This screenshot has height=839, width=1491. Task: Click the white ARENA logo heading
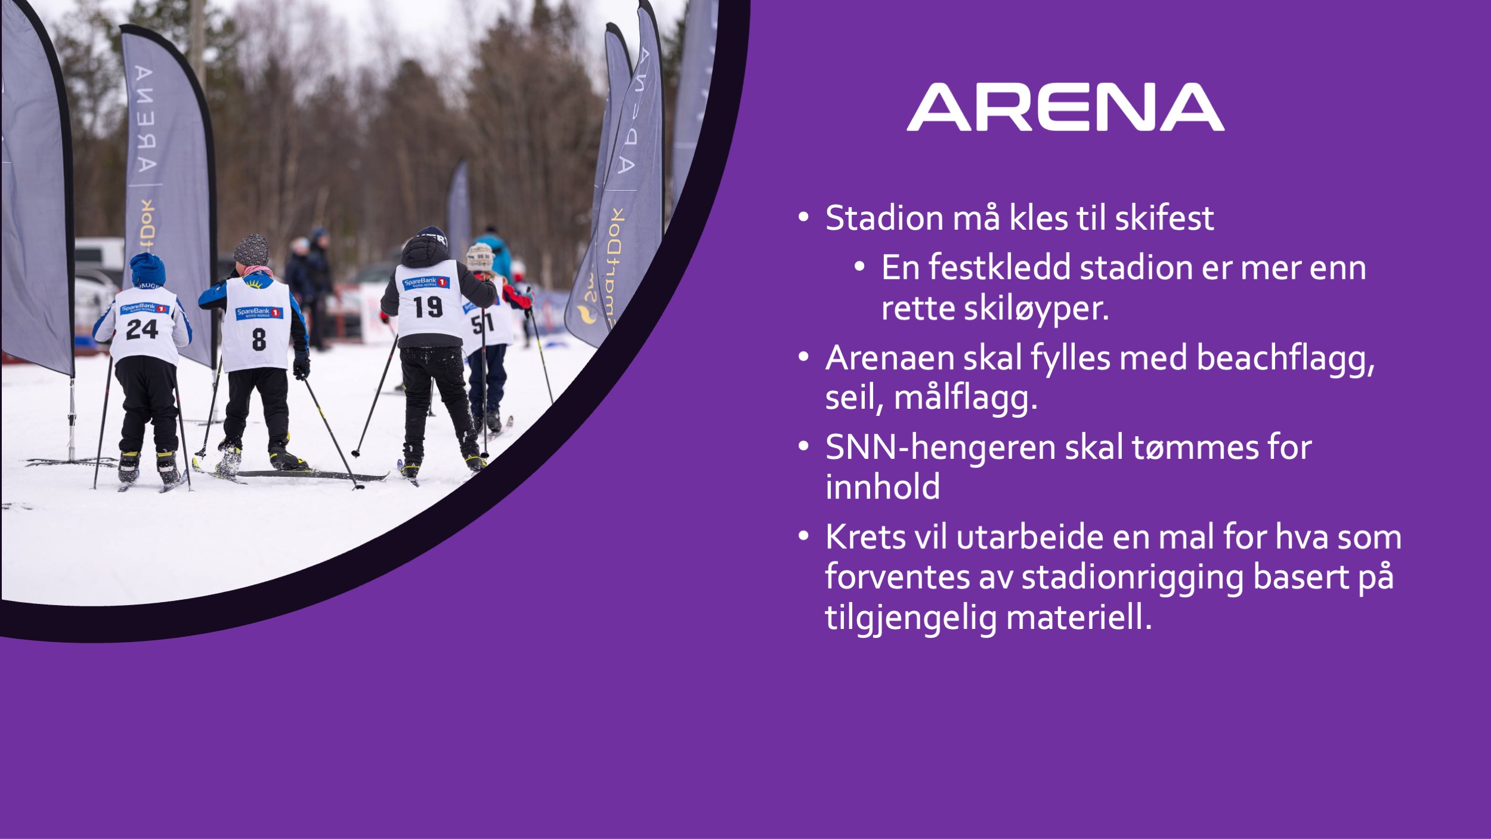point(1065,107)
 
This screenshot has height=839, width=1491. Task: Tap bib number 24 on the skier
point(142,329)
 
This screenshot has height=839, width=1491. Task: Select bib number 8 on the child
point(259,339)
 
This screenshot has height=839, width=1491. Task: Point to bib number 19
point(428,307)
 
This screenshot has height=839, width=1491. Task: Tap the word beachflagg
point(1285,359)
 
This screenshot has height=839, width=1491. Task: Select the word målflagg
point(966,398)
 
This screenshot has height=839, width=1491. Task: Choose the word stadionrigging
point(1133,577)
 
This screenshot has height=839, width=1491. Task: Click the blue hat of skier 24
point(147,270)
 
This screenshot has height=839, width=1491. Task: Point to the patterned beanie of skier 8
point(251,250)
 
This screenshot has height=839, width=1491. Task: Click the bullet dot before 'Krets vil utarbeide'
point(803,536)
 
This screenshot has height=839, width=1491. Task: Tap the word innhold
point(883,487)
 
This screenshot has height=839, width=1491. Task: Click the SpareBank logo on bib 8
point(259,313)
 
